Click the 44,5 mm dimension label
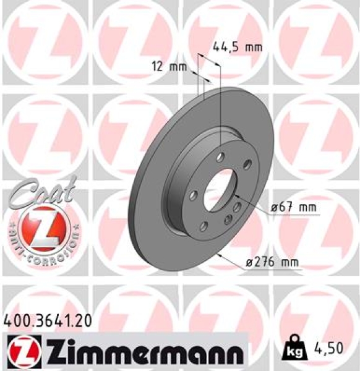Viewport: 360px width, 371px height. [x=238, y=46]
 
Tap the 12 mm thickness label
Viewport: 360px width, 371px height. [x=169, y=67]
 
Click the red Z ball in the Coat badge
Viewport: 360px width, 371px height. [x=41, y=227]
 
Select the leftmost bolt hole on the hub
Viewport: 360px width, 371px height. [x=193, y=196]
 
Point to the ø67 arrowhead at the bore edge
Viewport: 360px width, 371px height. [x=236, y=197]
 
